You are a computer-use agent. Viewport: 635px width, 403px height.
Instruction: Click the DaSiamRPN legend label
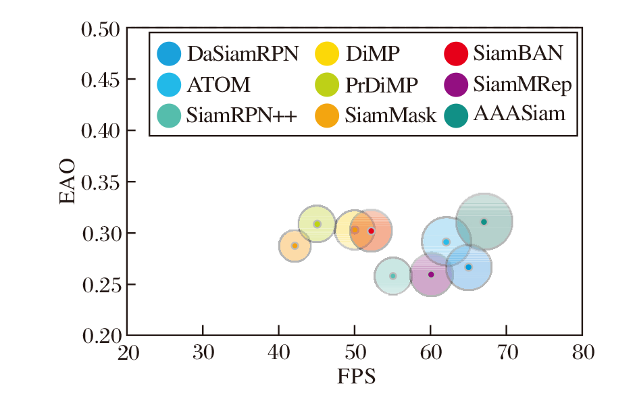point(243,53)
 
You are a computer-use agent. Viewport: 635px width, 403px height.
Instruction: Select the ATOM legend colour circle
point(169,84)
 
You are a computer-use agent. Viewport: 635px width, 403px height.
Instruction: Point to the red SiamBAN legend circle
point(457,53)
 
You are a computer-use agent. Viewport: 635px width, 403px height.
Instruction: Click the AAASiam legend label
point(519,113)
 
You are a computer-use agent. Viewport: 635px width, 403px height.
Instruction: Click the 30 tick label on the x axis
point(203,352)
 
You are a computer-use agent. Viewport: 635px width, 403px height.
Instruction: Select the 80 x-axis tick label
point(582,352)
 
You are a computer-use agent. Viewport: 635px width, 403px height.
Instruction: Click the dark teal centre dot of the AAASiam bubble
point(484,221)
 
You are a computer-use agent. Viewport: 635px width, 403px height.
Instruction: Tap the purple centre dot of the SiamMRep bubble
point(431,274)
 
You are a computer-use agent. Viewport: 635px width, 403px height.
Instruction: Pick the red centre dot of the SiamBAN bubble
point(371,231)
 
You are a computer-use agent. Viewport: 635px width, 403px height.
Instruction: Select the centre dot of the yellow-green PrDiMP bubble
point(317,224)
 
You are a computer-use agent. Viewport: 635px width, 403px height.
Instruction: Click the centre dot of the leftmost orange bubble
point(295,246)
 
